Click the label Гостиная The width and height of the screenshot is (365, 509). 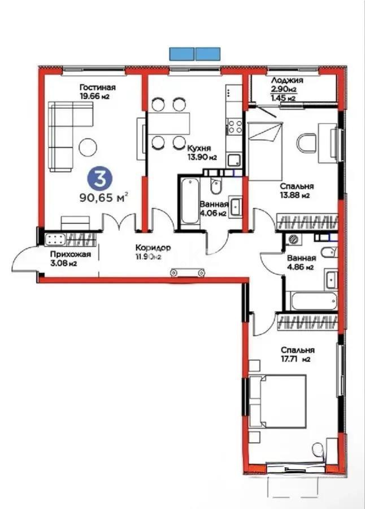(x=97, y=87)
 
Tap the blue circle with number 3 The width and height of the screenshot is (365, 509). (x=100, y=178)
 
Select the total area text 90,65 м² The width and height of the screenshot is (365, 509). (x=104, y=197)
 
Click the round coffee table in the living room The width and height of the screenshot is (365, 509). (x=88, y=147)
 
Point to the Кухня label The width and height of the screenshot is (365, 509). (x=198, y=148)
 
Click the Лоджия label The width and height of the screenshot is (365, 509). (x=287, y=81)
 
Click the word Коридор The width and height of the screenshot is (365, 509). (x=153, y=248)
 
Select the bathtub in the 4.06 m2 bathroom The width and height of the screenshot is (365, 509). (x=189, y=202)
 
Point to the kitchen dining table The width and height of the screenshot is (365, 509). (x=168, y=122)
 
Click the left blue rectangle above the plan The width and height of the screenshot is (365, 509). (x=181, y=54)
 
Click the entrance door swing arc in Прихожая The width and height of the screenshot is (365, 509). (x=25, y=258)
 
